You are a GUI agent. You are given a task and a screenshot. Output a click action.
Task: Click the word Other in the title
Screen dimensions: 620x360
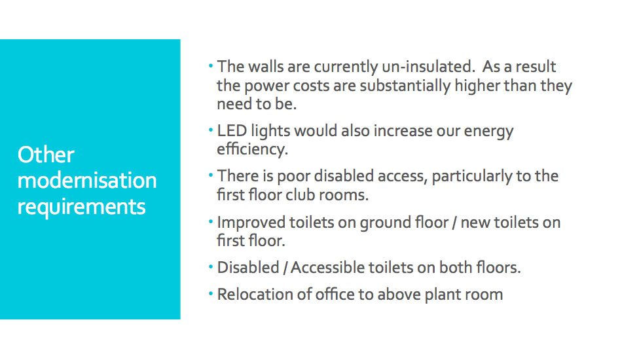point(46,154)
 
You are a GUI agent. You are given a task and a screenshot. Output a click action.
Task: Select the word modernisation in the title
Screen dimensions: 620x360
point(87,180)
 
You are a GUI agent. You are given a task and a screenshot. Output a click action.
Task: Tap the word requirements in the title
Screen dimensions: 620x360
point(81,207)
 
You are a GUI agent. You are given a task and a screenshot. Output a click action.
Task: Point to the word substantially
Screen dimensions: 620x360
point(405,86)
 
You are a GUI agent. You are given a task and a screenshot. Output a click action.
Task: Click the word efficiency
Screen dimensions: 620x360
point(252,149)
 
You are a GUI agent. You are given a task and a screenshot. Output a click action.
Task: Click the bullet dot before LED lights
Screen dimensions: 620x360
point(211,130)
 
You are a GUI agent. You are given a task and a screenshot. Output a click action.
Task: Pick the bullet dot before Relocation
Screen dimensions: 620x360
point(211,293)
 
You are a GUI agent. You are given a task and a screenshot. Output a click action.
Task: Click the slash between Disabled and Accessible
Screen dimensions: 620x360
point(285,268)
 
